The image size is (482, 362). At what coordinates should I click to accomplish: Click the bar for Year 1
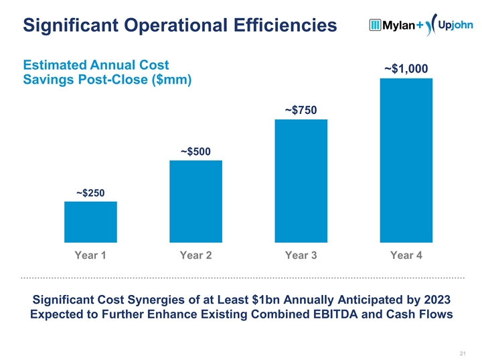[90, 221]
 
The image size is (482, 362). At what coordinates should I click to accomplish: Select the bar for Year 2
[195, 201]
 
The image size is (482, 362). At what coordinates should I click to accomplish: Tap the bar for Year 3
[301, 180]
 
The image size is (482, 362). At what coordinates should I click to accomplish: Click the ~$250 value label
[90, 193]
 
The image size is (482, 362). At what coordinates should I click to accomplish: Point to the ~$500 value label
[195, 152]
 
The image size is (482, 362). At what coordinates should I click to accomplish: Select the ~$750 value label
[301, 110]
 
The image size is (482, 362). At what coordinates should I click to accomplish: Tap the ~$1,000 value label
[406, 69]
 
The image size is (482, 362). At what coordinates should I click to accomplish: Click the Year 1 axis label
[90, 255]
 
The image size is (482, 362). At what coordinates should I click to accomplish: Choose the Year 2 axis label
[195, 255]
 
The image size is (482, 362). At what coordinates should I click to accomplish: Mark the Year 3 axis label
[301, 255]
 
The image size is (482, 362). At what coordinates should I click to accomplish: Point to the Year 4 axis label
[406, 255]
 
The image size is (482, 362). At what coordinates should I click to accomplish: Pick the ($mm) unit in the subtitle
[166, 80]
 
